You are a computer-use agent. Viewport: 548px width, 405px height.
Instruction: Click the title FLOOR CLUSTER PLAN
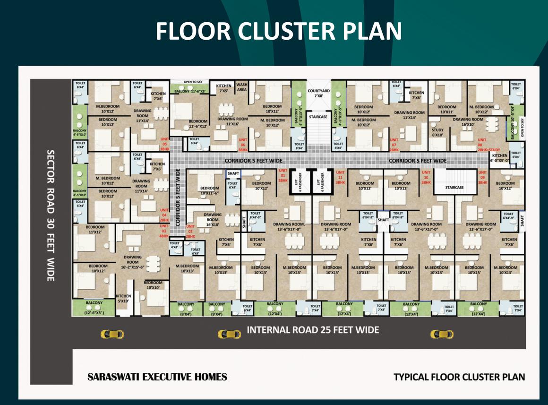[x=279, y=31]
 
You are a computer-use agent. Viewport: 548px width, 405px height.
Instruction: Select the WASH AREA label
[x=242, y=87]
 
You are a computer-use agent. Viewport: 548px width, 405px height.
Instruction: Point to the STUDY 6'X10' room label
[x=438, y=132]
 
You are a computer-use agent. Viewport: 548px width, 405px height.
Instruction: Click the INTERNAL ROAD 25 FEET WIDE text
[x=313, y=330]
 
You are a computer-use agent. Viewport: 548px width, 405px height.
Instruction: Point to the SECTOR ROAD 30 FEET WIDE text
[x=50, y=215]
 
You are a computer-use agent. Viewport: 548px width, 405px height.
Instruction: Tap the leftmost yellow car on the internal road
[x=112, y=334]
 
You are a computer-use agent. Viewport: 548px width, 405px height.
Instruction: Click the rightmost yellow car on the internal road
[x=442, y=334]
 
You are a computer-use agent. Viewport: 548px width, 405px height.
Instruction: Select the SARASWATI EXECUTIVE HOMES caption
[x=157, y=377]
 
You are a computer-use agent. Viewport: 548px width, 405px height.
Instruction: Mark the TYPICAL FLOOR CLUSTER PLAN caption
[x=459, y=377]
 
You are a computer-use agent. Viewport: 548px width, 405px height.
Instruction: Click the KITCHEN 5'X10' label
[x=123, y=298]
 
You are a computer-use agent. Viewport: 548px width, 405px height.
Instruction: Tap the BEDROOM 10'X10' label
[x=153, y=285]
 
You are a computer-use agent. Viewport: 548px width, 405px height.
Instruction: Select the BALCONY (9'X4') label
[x=217, y=309]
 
